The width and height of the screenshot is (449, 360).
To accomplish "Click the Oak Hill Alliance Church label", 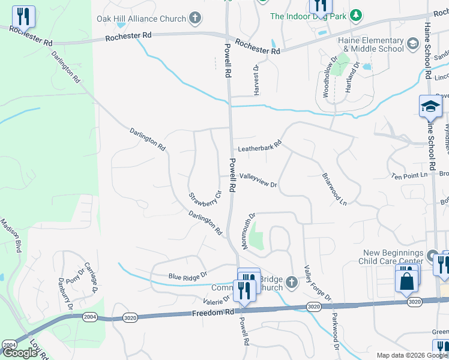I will [x=141, y=19].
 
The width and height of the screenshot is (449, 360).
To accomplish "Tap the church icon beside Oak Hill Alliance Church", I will [x=194, y=19].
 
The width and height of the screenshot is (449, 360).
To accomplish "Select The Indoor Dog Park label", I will [x=308, y=16].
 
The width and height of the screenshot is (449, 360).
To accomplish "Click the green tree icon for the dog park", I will [x=356, y=14].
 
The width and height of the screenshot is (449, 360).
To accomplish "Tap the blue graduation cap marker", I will [x=430, y=107].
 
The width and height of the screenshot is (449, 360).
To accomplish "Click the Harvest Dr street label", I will [x=256, y=80].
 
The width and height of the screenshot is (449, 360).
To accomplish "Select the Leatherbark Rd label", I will [x=260, y=148].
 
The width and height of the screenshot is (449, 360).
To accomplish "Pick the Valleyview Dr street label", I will [x=258, y=180].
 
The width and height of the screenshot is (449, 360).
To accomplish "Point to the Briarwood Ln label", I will [x=334, y=190].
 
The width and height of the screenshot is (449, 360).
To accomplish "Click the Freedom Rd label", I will [x=214, y=313].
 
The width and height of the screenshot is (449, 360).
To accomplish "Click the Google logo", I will [x=20, y=353].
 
